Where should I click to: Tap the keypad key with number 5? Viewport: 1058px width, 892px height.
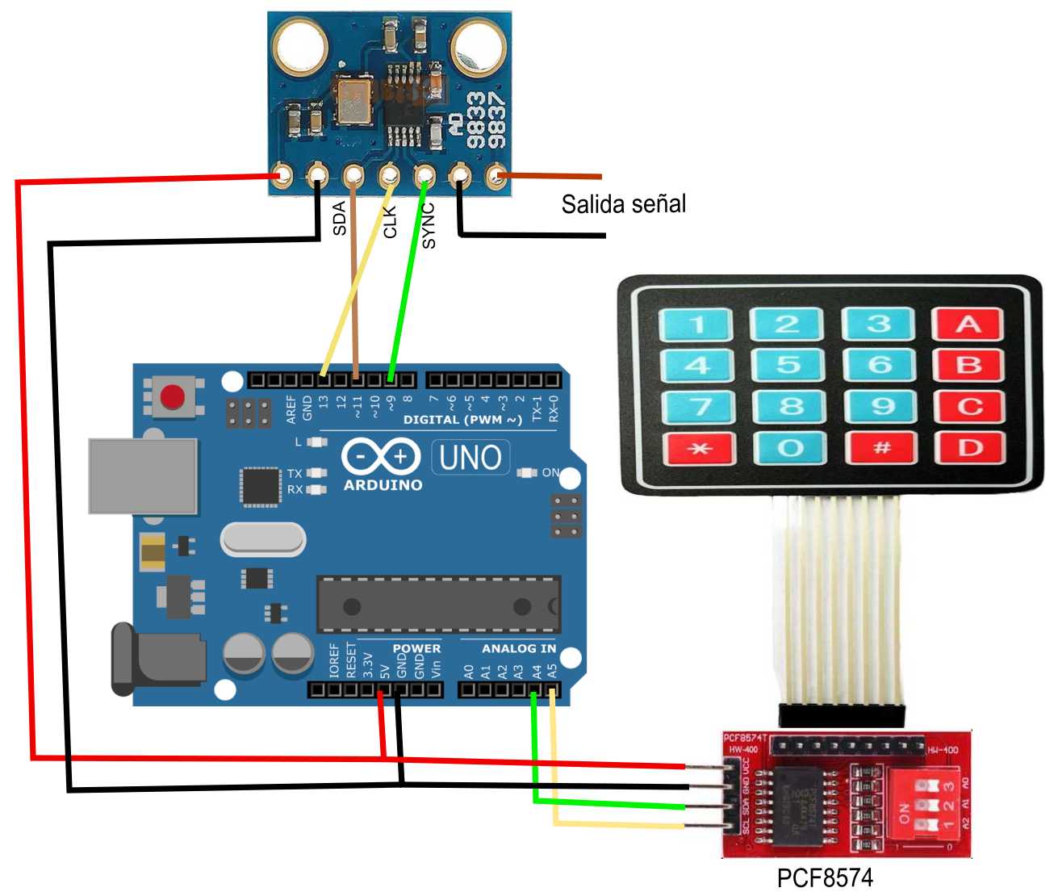(x=788, y=365)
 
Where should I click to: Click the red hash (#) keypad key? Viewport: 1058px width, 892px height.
(x=880, y=447)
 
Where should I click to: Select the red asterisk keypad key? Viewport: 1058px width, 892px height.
(x=698, y=448)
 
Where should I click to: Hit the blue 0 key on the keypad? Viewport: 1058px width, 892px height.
(x=789, y=448)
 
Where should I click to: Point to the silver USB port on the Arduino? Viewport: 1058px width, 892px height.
(x=143, y=476)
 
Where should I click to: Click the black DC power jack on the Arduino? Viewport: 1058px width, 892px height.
(x=157, y=659)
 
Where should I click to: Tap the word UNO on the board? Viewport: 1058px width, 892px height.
(x=470, y=458)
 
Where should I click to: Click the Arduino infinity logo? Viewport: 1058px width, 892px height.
(x=381, y=457)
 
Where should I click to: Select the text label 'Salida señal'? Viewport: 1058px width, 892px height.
(x=623, y=204)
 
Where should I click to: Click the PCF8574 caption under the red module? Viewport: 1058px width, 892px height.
(x=825, y=877)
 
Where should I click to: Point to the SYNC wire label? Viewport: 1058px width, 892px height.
(x=429, y=225)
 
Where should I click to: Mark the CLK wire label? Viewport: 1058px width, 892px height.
(x=391, y=222)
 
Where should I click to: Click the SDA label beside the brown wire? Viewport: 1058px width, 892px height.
(x=340, y=219)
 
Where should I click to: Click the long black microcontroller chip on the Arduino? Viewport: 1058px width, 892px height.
(x=438, y=604)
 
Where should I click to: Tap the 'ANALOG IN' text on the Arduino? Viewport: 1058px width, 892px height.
(x=518, y=648)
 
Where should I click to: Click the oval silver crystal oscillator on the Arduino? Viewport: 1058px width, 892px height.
(x=263, y=539)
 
